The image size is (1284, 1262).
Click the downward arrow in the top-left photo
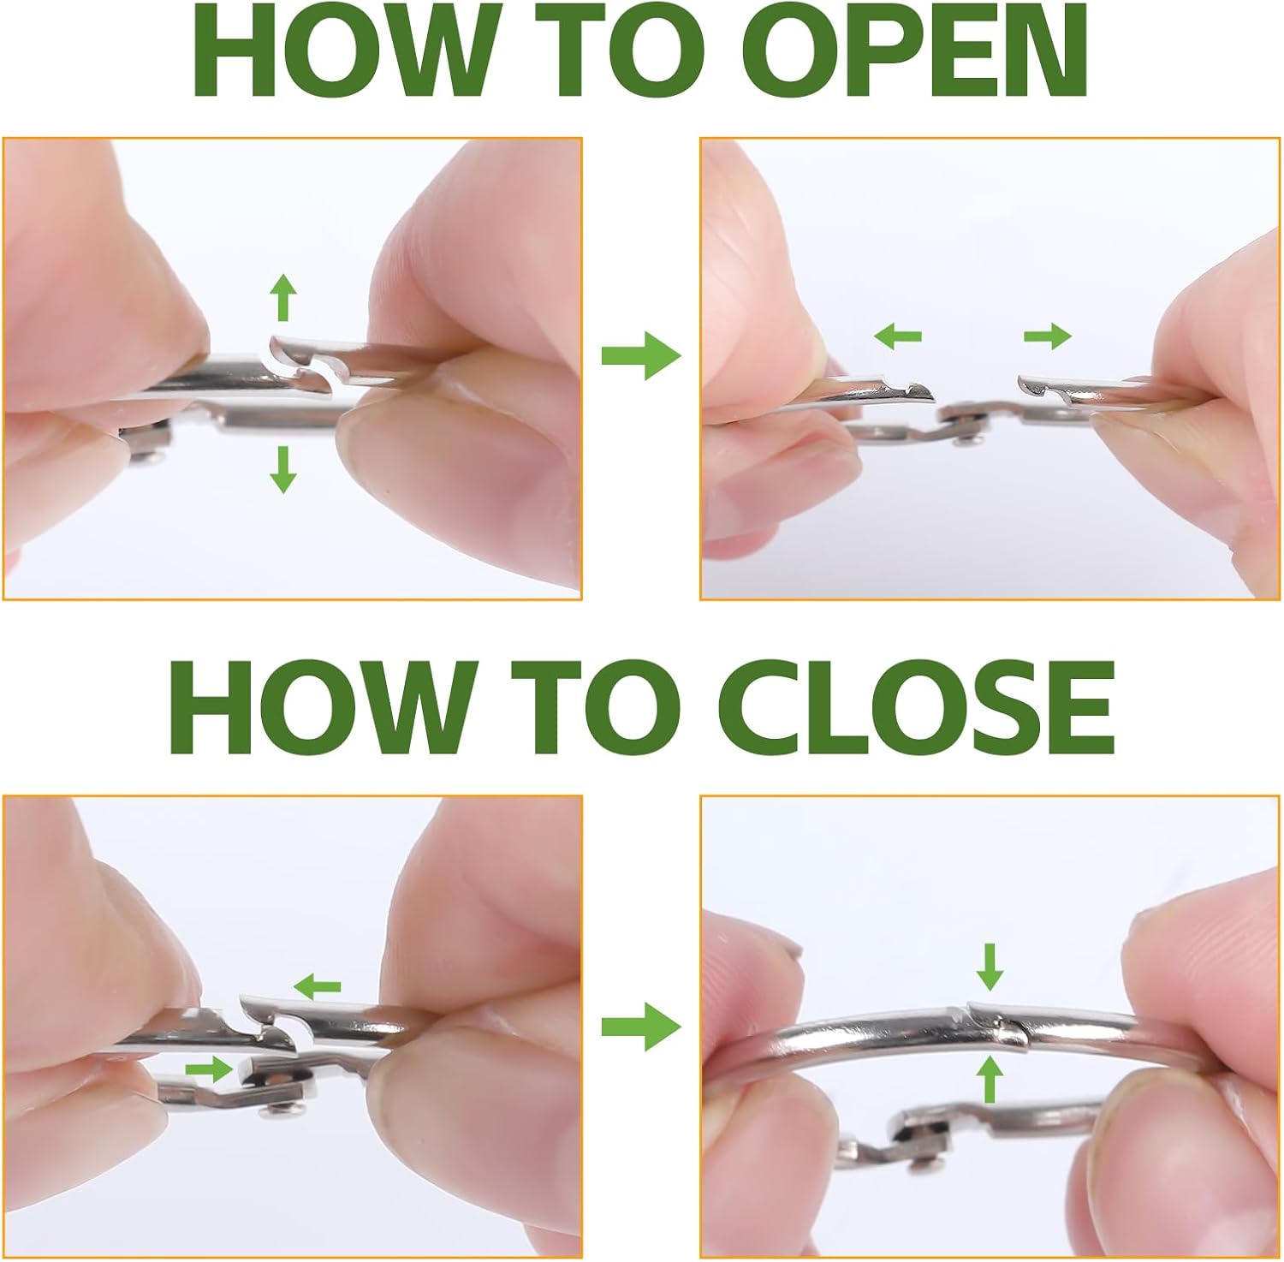pos(282,469)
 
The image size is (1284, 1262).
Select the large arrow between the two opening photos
pos(641,355)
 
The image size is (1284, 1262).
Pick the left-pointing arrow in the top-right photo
pos(898,336)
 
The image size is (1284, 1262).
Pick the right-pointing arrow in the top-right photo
pos(1048,336)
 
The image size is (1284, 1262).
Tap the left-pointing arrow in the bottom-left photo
pos(317,987)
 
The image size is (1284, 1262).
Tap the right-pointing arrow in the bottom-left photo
pos(210,1068)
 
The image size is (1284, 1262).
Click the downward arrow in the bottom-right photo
pos(990,967)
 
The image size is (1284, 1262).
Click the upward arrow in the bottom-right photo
pos(990,1079)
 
